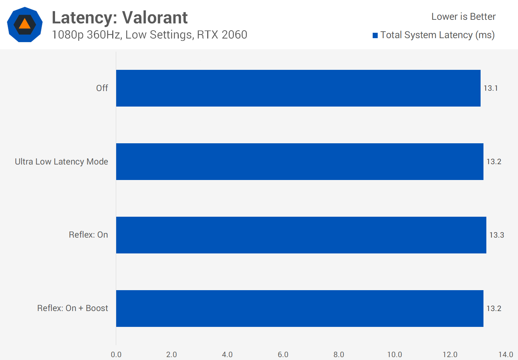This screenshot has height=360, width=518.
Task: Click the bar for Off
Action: tap(298, 88)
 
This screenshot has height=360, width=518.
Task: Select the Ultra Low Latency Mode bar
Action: tap(300, 162)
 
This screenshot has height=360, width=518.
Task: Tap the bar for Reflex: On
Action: tap(301, 235)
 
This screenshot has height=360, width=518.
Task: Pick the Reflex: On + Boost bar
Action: tap(300, 309)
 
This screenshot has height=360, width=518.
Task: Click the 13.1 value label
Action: tap(491, 88)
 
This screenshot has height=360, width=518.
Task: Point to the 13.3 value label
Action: tap(496, 235)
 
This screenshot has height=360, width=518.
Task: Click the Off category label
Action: tap(102, 88)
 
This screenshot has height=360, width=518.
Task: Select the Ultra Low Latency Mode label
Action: tap(62, 162)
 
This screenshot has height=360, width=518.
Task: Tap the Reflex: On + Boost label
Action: tap(73, 308)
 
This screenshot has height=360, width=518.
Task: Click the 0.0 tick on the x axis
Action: tap(116, 355)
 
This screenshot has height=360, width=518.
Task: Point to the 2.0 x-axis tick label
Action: tap(172, 355)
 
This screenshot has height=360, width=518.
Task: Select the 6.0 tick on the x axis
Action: tap(283, 355)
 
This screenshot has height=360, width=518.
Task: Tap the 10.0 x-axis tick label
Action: tap(395, 355)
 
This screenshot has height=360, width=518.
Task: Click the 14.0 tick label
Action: tap(506, 355)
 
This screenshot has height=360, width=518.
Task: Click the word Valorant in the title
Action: tap(155, 18)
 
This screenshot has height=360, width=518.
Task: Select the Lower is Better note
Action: tap(463, 17)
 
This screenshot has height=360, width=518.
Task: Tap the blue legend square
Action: tap(375, 35)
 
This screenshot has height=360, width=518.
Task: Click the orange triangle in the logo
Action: tap(24, 24)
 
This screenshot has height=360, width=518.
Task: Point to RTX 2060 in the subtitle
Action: tap(222, 35)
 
